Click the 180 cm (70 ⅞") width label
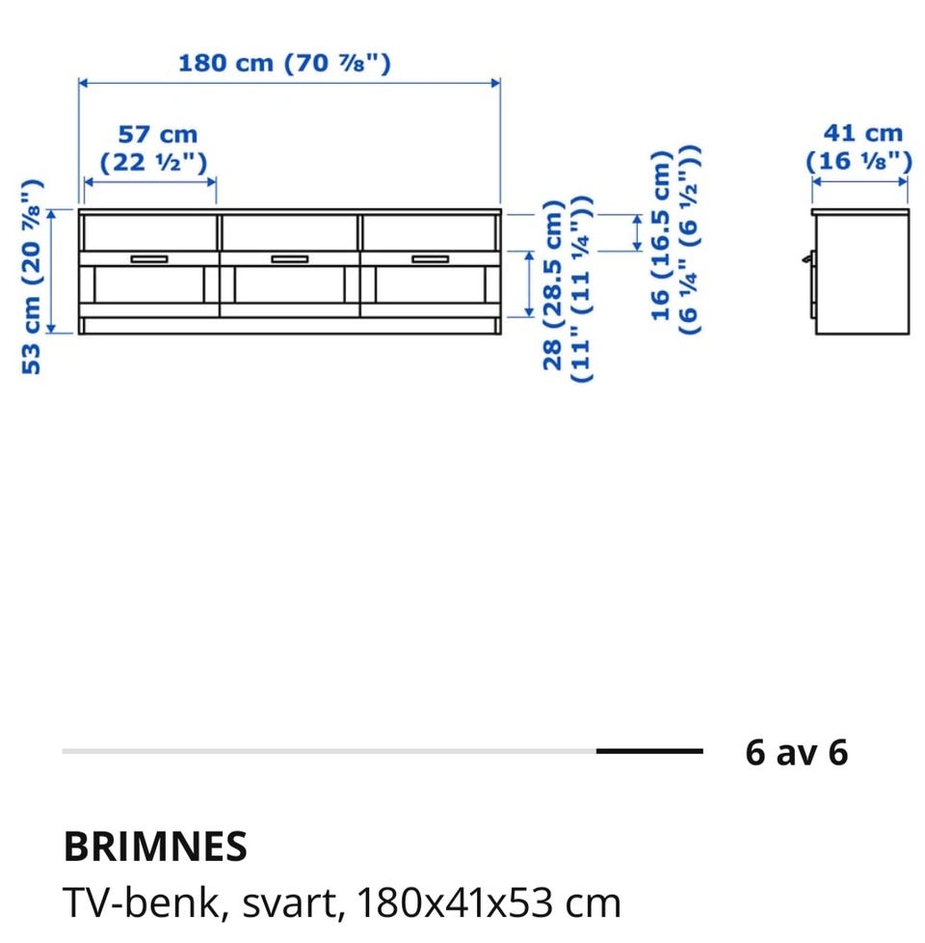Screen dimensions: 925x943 [x=284, y=63]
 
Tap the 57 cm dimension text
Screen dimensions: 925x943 [x=157, y=135]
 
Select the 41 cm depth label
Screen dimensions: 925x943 [x=863, y=133]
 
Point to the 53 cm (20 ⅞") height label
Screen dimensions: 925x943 [x=32, y=277]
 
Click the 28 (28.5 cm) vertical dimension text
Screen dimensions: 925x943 [x=553, y=285]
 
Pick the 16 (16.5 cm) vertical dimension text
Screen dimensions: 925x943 [x=661, y=235]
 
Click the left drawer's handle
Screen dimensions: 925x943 [x=149, y=259]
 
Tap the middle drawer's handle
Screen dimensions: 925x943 [x=290, y=259]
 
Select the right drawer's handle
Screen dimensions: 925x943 [x=431, y=259]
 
